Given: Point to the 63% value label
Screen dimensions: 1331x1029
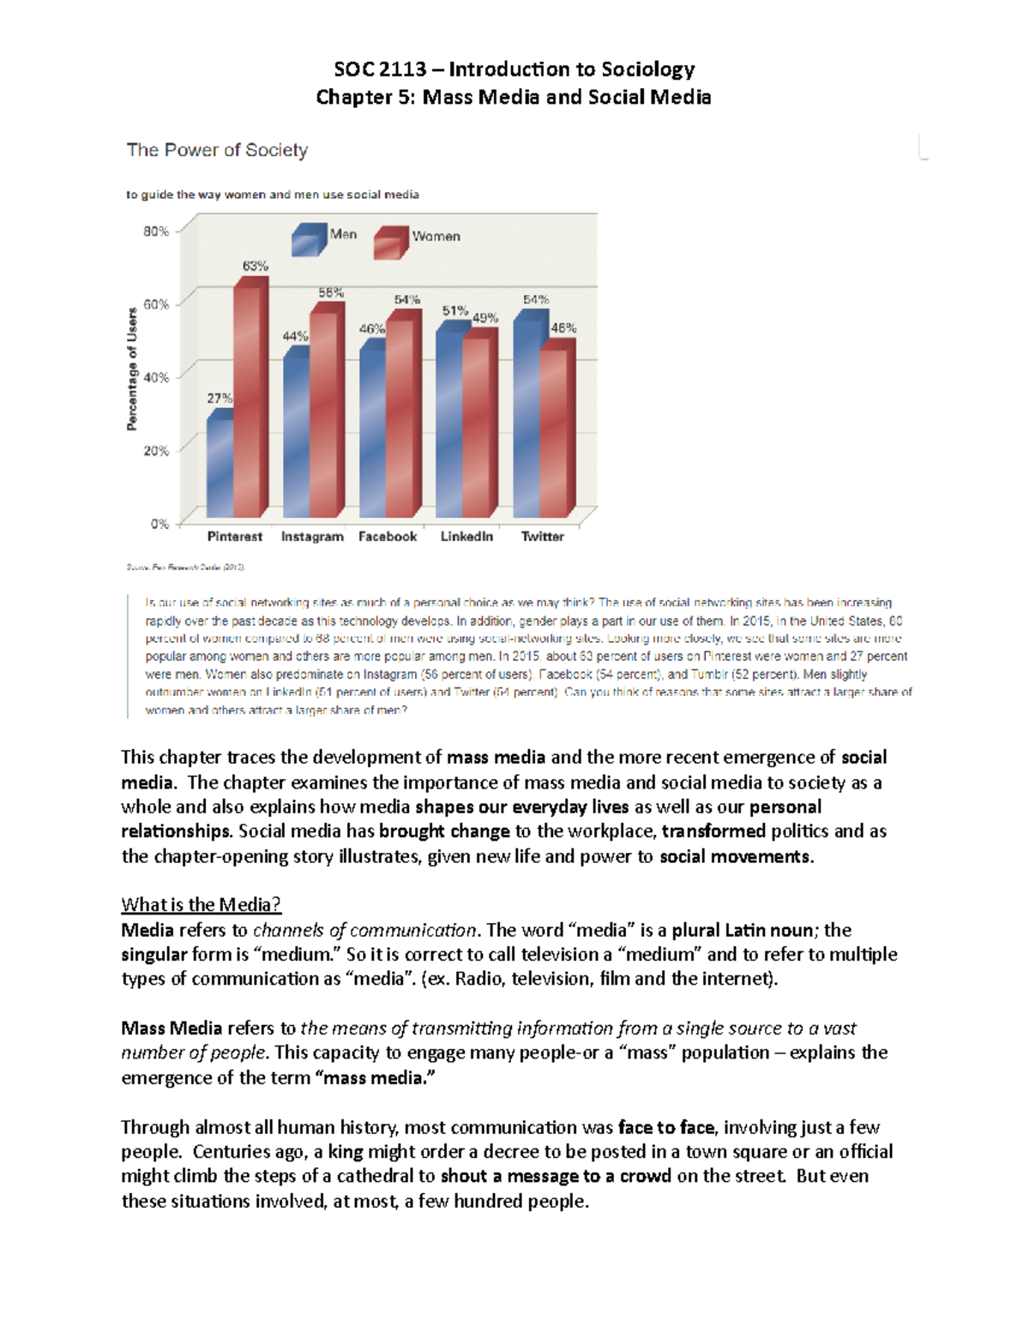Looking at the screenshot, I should [255, 266].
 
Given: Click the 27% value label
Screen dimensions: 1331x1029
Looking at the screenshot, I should [219, 398].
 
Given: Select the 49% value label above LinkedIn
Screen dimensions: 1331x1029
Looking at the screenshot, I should [484, 318].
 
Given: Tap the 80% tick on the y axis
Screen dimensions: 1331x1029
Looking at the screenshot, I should [156, 231].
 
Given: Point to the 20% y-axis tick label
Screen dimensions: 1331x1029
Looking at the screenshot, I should [156, 450].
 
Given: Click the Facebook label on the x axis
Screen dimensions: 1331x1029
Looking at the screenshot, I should [388, 537].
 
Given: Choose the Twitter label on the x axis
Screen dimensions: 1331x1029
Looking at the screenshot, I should [542, 537].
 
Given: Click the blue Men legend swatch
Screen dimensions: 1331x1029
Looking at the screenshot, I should [308, 240].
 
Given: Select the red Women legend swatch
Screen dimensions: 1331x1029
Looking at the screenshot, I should [389, 243].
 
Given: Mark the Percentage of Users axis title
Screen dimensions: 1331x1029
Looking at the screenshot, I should [132, 369].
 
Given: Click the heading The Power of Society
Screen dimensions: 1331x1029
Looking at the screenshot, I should [217, 150].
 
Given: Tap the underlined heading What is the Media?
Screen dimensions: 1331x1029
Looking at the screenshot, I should [201, 904].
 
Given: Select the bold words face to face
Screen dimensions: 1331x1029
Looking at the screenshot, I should [665, 1127].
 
